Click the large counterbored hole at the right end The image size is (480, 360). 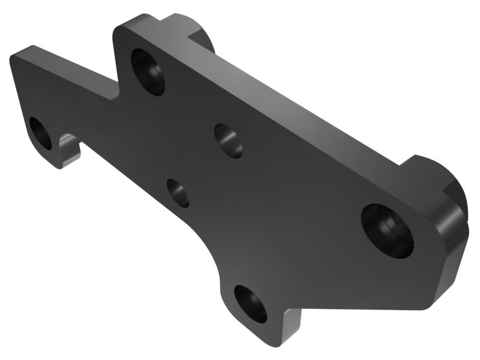click(387, 230)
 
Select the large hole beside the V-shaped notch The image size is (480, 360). click(148, 71)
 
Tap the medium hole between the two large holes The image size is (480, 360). click(228, 140)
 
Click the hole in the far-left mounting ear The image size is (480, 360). click(41, 133)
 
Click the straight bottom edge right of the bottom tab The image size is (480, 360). click(360, 308)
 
